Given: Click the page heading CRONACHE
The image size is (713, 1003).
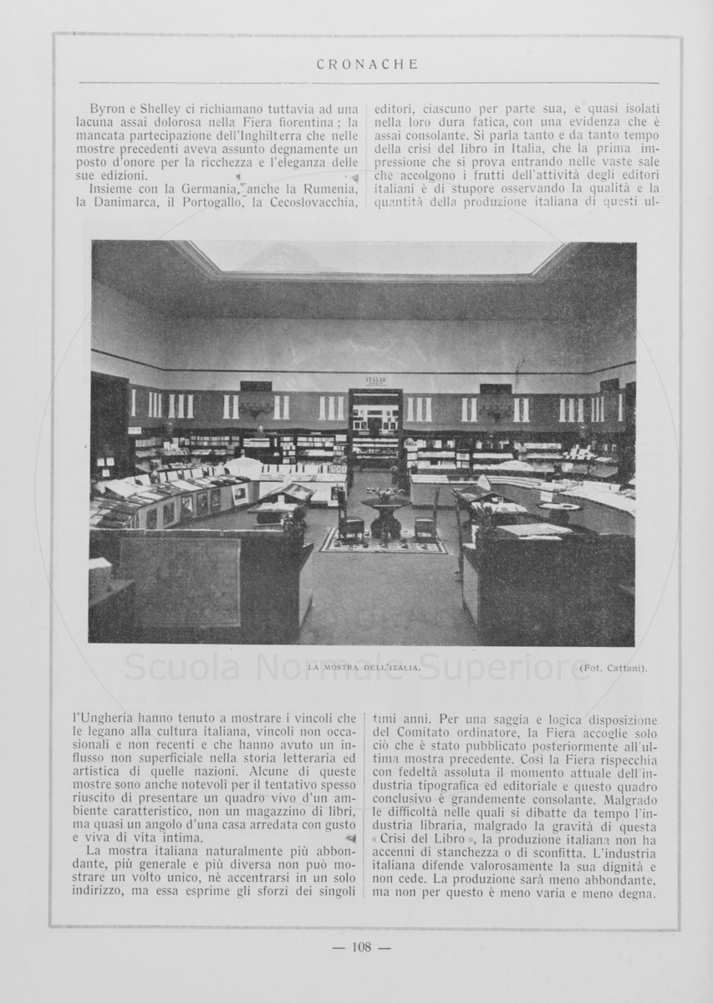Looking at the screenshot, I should point(368,64).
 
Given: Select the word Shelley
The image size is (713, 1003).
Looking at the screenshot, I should point(159,109).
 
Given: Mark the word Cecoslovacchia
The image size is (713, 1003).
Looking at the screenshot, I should point(315,203).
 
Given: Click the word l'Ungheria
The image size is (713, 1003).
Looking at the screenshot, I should point(101,718).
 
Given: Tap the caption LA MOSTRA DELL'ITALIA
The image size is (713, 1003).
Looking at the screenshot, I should point(364,668).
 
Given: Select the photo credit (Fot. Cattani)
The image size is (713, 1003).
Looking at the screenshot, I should point(613,668).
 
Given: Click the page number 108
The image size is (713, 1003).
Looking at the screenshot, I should point(361,947).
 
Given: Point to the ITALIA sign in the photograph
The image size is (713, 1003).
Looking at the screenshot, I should point(376,380).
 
